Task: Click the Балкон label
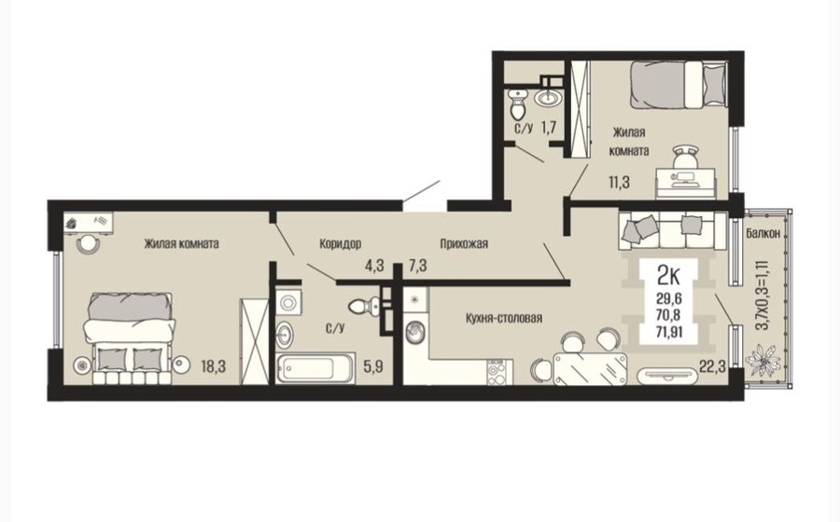tap(766, 234)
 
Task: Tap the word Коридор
tap(340, 244)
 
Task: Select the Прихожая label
tap(464, 244)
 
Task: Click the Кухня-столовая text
tap(504, 318)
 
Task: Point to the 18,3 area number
tap(213, 366)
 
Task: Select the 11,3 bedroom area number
tap(619, 183)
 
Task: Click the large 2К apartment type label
tap(668, 276)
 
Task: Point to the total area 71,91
tap(669, 333)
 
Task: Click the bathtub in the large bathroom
tap(315, 367)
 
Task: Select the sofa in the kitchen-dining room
tap(673, 230)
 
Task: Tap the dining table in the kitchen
tap(589, 368)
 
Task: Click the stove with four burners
tap(496, 372)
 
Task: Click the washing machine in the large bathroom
tap(288, 302)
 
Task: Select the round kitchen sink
tap(415, 333)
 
